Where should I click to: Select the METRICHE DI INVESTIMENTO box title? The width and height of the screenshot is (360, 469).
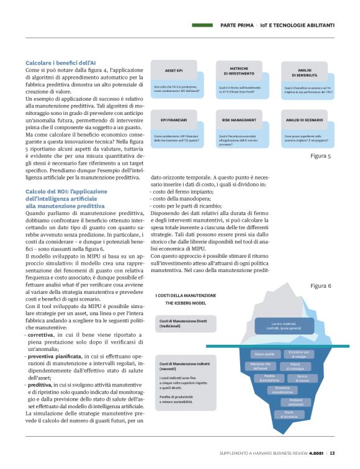[239, 70]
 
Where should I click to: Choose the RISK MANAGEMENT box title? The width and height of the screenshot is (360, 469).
[239, 119]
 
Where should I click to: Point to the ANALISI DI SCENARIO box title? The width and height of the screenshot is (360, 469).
[304, 119]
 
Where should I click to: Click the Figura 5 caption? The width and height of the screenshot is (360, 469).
[320, 156]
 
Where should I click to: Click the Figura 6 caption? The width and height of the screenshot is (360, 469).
[320, 285]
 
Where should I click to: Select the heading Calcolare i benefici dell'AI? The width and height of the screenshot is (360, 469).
[60, 63]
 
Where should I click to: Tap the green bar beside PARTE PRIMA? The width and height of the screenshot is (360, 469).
[203, 25]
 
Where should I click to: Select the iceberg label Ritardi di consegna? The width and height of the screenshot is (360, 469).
[294, 366]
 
